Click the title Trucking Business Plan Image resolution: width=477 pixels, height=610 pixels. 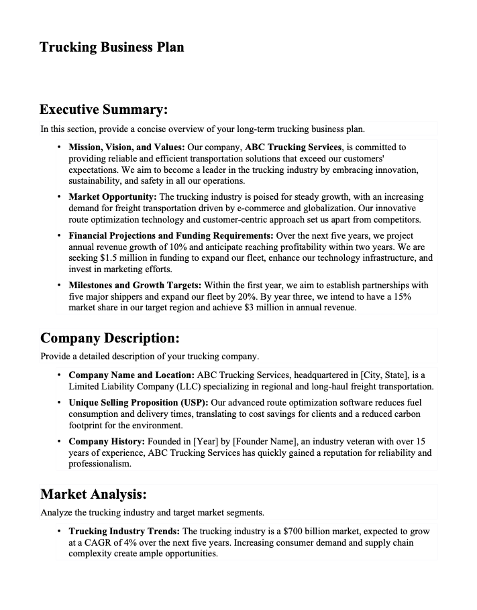(x=111, y=47)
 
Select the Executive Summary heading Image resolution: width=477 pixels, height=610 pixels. (x=103, y=109)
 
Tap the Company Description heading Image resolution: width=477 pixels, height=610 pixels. (x=109, y=338)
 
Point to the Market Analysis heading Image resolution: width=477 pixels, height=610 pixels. (x=93, y=495)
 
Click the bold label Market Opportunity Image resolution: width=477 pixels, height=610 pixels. (x=112, y=197)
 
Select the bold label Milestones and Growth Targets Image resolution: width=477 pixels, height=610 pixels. (x=134, y=285)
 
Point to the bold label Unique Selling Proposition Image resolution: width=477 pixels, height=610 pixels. (x=139, y=402)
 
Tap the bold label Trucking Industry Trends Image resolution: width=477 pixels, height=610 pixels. (x=123, y=531)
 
